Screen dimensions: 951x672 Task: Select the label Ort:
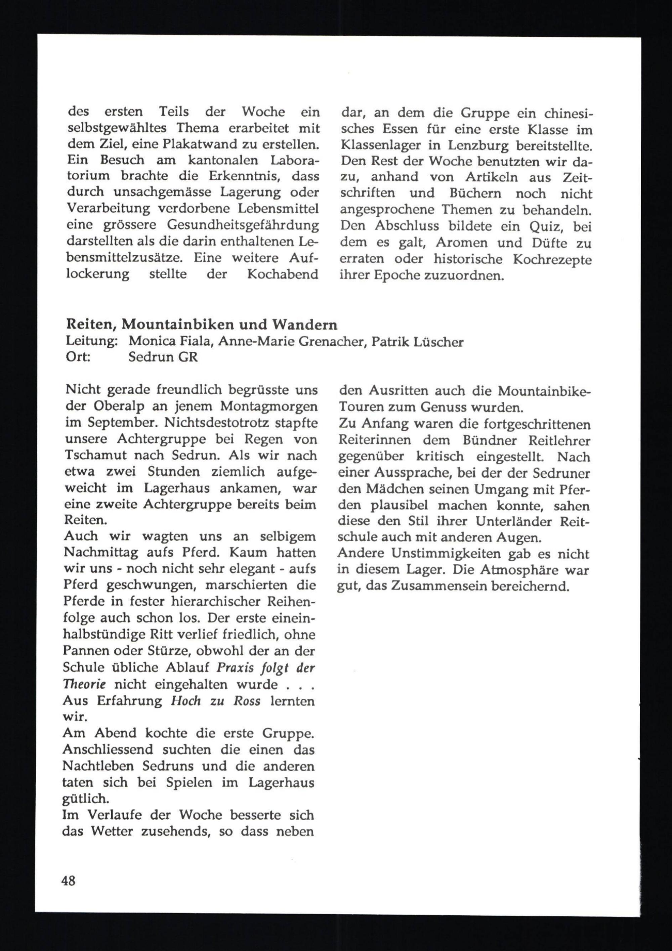point(78,357)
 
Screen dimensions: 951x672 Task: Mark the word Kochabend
point(283,274)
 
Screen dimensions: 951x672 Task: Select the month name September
point(120,423)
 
